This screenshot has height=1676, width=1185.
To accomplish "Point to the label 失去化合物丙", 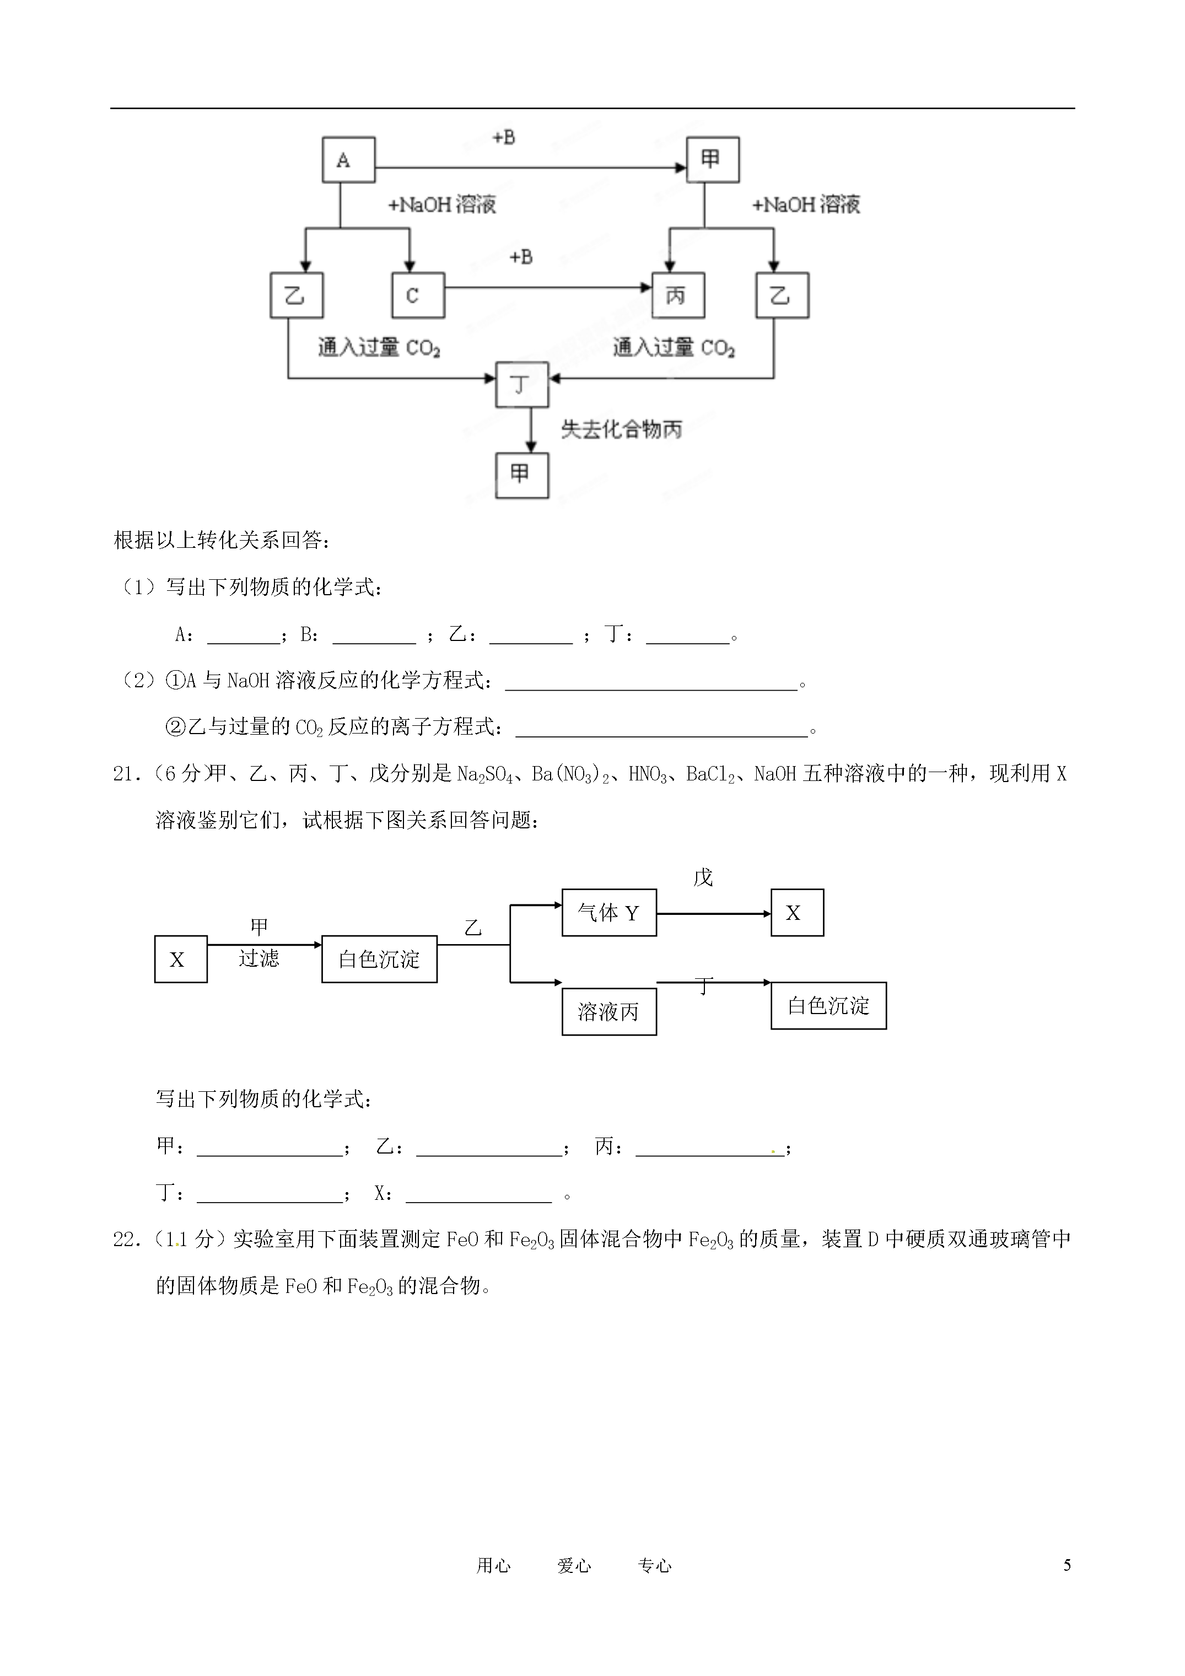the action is (621, 429).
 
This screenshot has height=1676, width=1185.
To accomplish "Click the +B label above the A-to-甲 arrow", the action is (504, 137).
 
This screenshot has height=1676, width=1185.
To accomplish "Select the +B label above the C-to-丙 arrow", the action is (521, 257).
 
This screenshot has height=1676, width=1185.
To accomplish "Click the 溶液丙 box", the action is (609, 1012).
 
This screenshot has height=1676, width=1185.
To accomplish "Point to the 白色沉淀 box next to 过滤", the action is (380, 959).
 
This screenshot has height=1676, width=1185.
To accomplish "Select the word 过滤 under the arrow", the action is (259, 958).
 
